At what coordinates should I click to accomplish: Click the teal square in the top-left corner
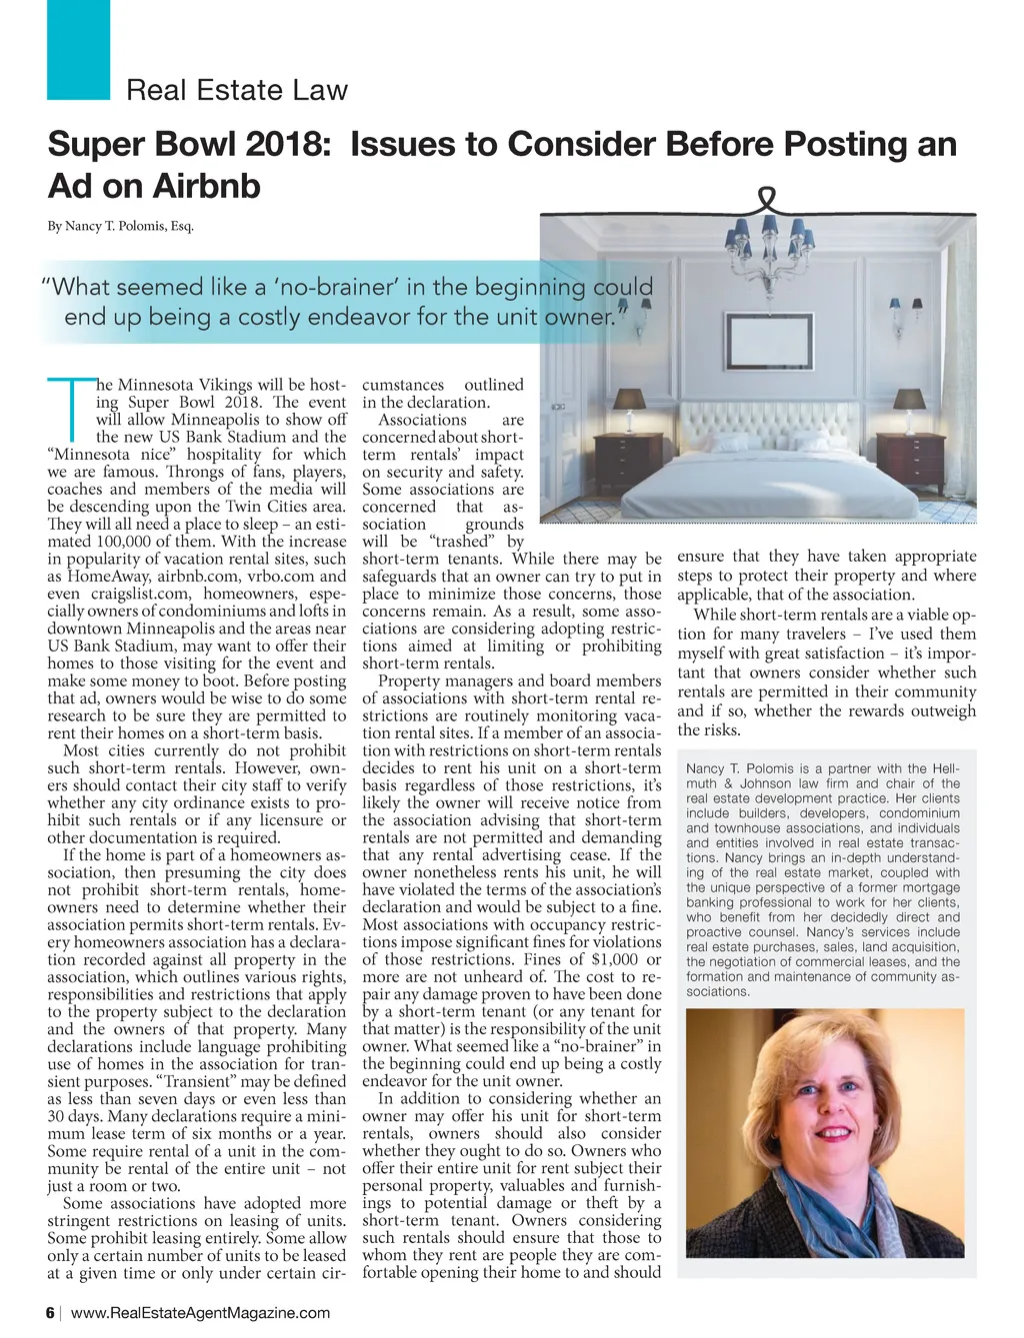click(x=78, y=50)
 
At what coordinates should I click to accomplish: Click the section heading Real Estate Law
click(x=237, y=90)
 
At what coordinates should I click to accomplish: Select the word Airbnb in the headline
click(x=207, y=186)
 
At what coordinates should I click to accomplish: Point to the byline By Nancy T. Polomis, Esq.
click(x=121, y=226)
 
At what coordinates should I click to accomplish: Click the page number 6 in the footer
click(x=51, y=1312)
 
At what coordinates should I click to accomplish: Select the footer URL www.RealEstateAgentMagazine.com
click(x=201, y=1312)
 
